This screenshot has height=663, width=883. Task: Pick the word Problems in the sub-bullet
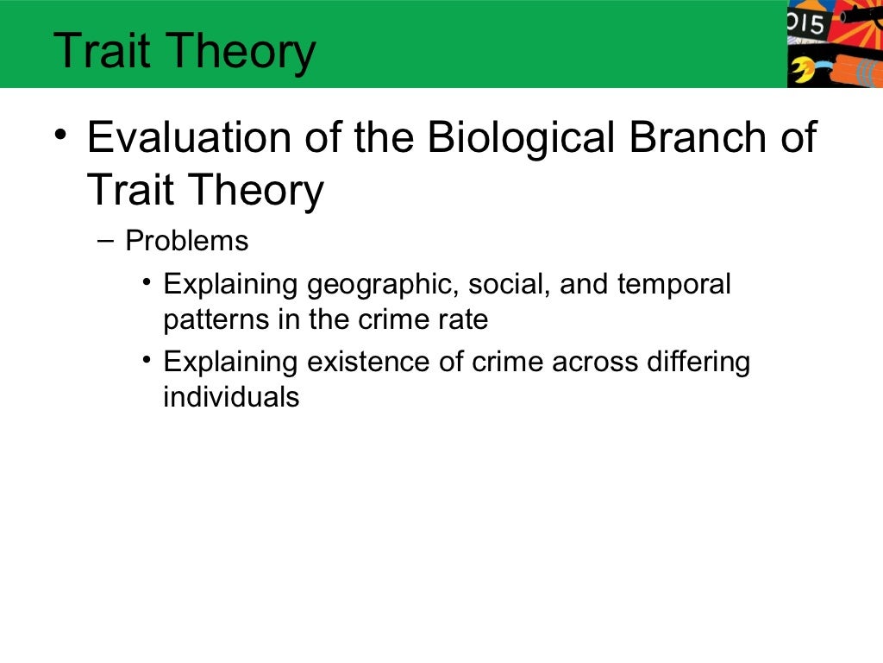(x=187, y=241)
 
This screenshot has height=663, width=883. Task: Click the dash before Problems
(x=106, y=240)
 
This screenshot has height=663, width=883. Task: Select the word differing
(x=698, y=363)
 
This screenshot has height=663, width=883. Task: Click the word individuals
(x=231, y=398)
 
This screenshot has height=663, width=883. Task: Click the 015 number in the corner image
(x=809, y=22)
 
